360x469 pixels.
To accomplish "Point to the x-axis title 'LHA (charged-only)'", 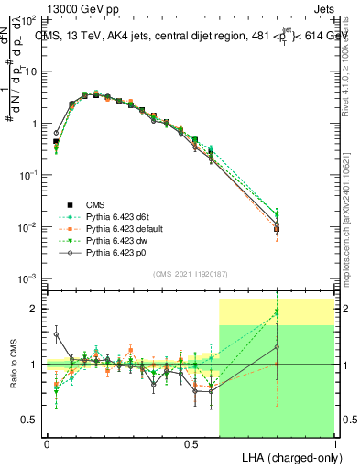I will tap(290, 456).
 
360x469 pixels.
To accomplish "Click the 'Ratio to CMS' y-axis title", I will tap(12, 364).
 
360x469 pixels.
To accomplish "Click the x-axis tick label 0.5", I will tap(191, 443).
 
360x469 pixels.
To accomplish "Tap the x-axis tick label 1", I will tap(335, 443).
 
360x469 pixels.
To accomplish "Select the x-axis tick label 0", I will tap(47, 443).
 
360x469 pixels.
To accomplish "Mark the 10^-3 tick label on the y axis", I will tap(28, 278).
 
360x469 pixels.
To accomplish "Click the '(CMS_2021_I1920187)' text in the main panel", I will tap(191, 274).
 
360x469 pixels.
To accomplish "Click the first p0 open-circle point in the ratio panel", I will tap(56, 334).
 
